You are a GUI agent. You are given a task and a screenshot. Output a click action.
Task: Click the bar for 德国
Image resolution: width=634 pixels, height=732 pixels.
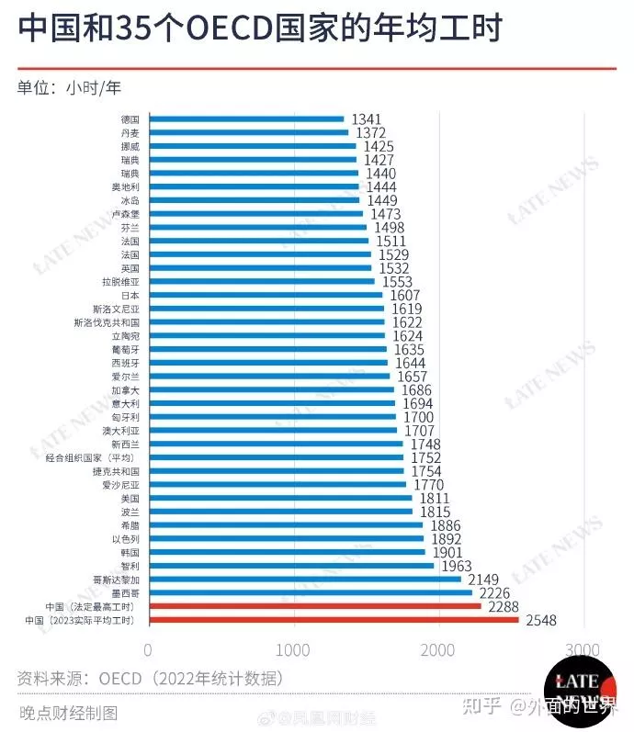[x=246, y=118]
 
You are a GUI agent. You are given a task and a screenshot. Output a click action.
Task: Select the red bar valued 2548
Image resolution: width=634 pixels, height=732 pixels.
[x=334, y=620]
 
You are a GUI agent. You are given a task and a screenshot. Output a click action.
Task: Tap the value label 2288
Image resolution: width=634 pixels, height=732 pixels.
[x=504, y=607]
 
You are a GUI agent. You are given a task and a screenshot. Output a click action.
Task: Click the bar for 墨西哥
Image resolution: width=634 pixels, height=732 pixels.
[x=310, y=593]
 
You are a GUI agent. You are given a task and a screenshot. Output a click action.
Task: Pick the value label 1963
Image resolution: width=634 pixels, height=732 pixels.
[x=457, y=567]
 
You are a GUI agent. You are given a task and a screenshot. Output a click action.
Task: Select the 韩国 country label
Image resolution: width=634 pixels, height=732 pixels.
[x=130, y=553]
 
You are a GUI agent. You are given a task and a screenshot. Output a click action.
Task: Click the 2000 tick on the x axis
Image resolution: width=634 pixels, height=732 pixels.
[x=438, y=649]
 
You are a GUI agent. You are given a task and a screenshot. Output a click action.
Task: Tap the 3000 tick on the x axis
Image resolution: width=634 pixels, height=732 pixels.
[x=583, y=649]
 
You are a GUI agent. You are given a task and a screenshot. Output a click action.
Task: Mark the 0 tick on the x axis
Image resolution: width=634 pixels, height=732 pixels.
[x=149, y=649]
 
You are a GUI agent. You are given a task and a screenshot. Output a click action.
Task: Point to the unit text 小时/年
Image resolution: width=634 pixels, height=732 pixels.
[x=93, y=88]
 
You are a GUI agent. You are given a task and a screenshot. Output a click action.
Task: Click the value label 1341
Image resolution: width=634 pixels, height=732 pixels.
[x=366, y=119]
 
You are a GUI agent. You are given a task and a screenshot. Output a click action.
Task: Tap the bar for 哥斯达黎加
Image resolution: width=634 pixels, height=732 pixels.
[x=304, y=580]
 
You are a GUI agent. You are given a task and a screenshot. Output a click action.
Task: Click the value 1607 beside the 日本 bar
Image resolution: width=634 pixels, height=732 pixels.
[x=404, y=296]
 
